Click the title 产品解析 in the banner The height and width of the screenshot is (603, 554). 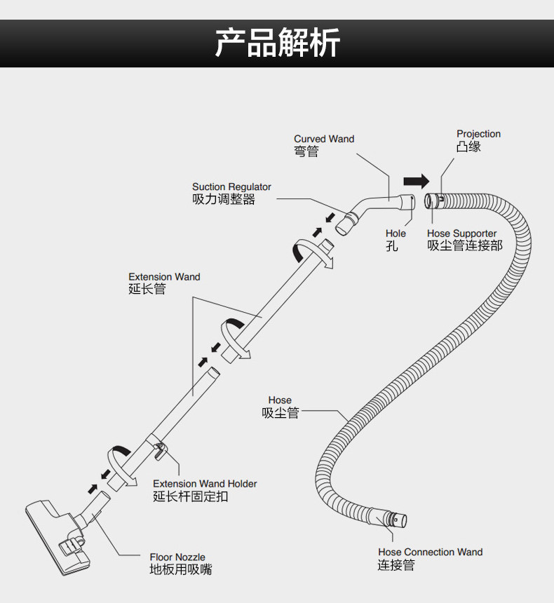coord(277,43)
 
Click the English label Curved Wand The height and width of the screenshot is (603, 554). coord(324,139)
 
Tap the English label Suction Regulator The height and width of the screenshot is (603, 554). coord(231,187)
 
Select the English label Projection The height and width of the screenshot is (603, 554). coord(478,134)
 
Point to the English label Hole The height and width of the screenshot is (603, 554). coord(396,233)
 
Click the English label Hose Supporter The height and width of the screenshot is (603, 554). coord(461,233)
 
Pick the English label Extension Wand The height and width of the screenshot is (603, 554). coord(164,277)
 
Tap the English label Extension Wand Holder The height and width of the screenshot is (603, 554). coord(205,484)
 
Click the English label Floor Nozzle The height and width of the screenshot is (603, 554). coord(177,557)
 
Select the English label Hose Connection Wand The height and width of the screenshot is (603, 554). coord(430,553)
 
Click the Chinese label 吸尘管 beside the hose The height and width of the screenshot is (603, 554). coord(280,413)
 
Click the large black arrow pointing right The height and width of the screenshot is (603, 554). coord(417,181)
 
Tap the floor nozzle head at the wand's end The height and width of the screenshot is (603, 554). coord(58,536)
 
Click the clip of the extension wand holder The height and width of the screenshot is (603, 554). coord(159,450)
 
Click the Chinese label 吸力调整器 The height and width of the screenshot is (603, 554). coord(224,199)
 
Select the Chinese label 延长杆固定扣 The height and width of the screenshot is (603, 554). coord(191,496)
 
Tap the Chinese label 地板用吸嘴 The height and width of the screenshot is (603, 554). coord(181,569)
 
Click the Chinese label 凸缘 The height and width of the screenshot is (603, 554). coord(468,147)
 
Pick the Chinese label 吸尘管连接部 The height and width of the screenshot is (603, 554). coord(465,245)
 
